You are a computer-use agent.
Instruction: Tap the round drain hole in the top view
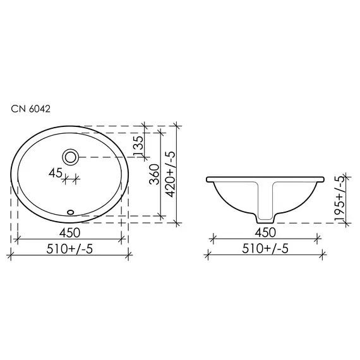[x=70, y=156]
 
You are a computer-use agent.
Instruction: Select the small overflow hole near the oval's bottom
[x=71, y=212]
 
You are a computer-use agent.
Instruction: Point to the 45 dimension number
[x=55, y=172]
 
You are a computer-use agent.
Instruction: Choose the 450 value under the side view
[x=266, y=231]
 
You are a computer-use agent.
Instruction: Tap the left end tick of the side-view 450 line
[x=213, y=239]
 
